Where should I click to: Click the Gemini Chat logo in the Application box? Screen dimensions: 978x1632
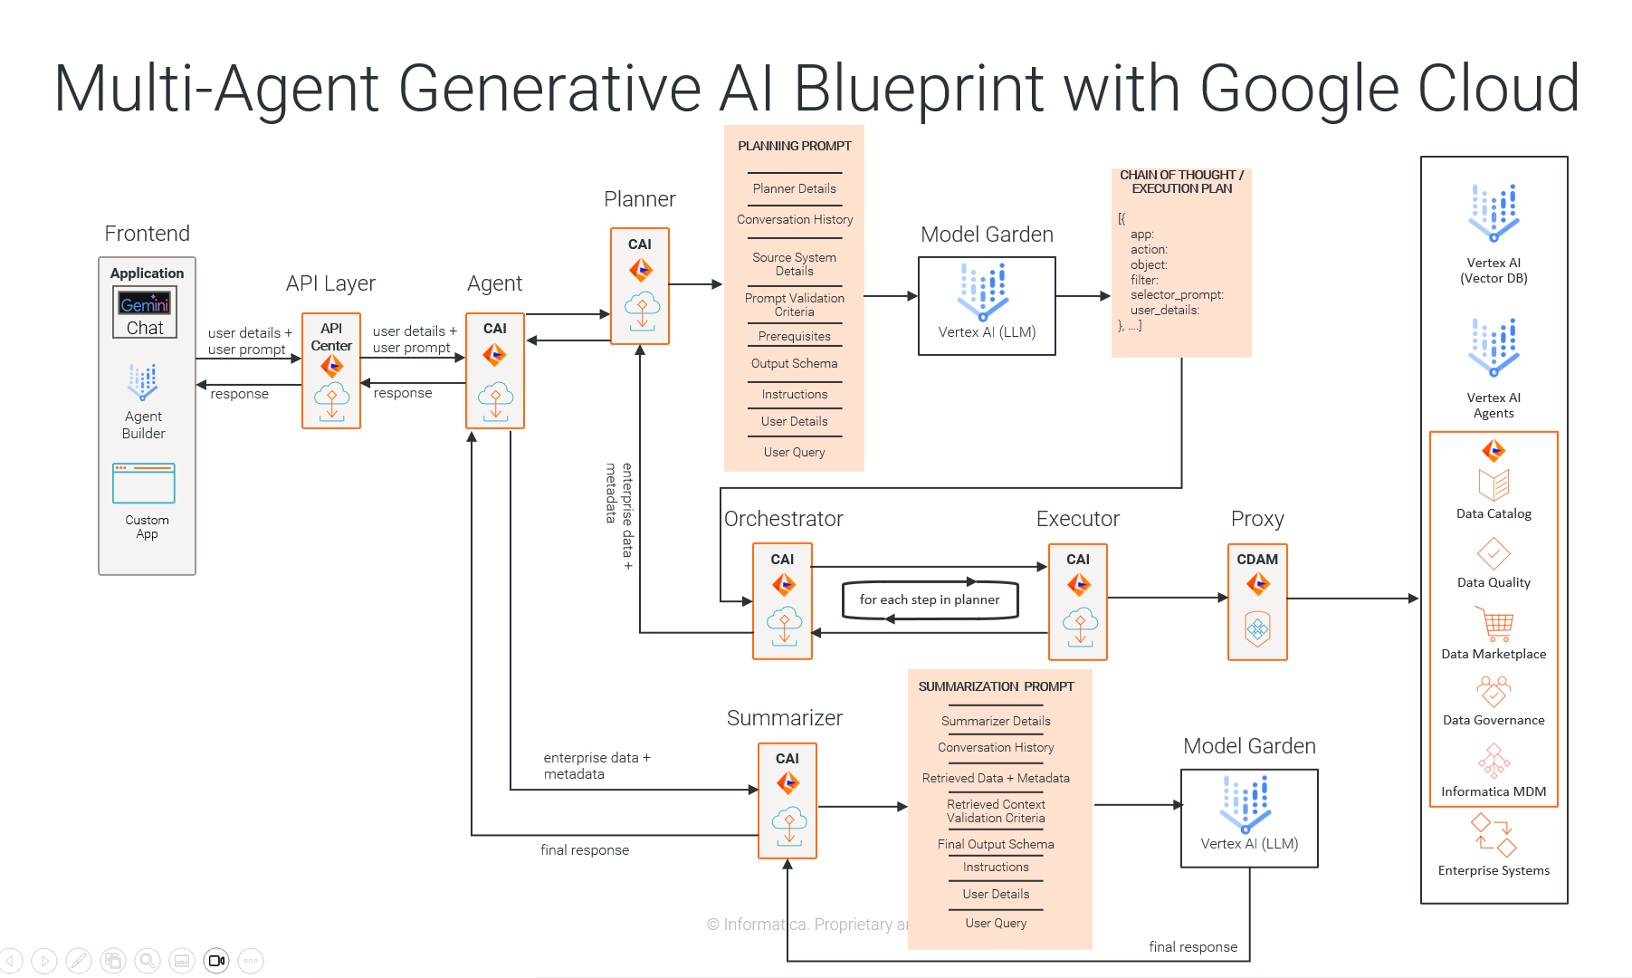click(145, 303)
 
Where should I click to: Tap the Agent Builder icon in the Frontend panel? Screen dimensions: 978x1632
click(143, 382)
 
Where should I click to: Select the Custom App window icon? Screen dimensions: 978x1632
click(144, 484)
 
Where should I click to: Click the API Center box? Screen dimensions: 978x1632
click(331, 370)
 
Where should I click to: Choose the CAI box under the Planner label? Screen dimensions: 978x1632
click(640, 286)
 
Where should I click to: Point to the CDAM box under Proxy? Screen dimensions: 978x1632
click(1257, 601)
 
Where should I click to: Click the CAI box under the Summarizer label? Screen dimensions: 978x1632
click(787, 801)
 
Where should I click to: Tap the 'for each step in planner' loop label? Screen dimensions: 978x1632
click(930, 599)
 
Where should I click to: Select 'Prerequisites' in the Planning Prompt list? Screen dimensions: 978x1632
click(795, 337)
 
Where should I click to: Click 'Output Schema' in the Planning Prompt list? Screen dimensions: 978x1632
click(795, 364)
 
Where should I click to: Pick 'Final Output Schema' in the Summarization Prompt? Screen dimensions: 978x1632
click(996, 845)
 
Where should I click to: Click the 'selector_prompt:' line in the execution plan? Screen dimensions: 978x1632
click(1177, 295)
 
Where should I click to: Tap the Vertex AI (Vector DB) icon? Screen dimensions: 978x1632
click(1494, 214)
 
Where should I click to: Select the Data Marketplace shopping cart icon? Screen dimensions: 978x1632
click(1494, 624)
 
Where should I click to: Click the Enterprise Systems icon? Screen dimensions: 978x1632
click(1494, 836)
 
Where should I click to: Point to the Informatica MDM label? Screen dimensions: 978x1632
click(1494, 792)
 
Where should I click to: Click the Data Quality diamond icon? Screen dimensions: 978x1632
click(1494, 553)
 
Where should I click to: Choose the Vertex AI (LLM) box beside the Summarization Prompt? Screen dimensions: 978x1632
click(1249, 819)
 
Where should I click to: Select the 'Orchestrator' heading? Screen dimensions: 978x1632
click(784, 519)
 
